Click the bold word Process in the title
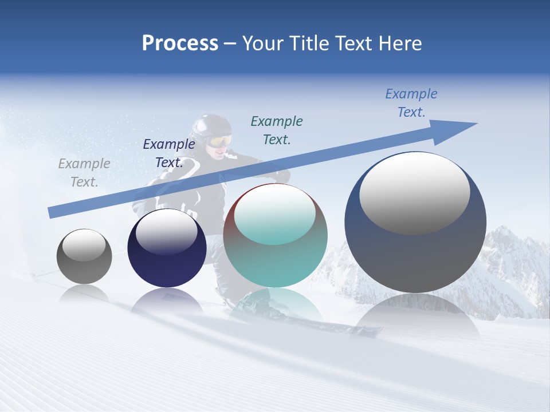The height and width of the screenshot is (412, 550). point(180,43)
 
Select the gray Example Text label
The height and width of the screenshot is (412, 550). point(84,173)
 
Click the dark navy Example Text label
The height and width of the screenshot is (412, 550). point(169,153)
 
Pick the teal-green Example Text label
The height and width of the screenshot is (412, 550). point(277,130)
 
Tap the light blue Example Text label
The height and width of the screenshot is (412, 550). point(411,103)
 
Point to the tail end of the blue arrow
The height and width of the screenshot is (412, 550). point(53,212)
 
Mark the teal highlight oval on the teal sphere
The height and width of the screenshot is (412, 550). point(275,214)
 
